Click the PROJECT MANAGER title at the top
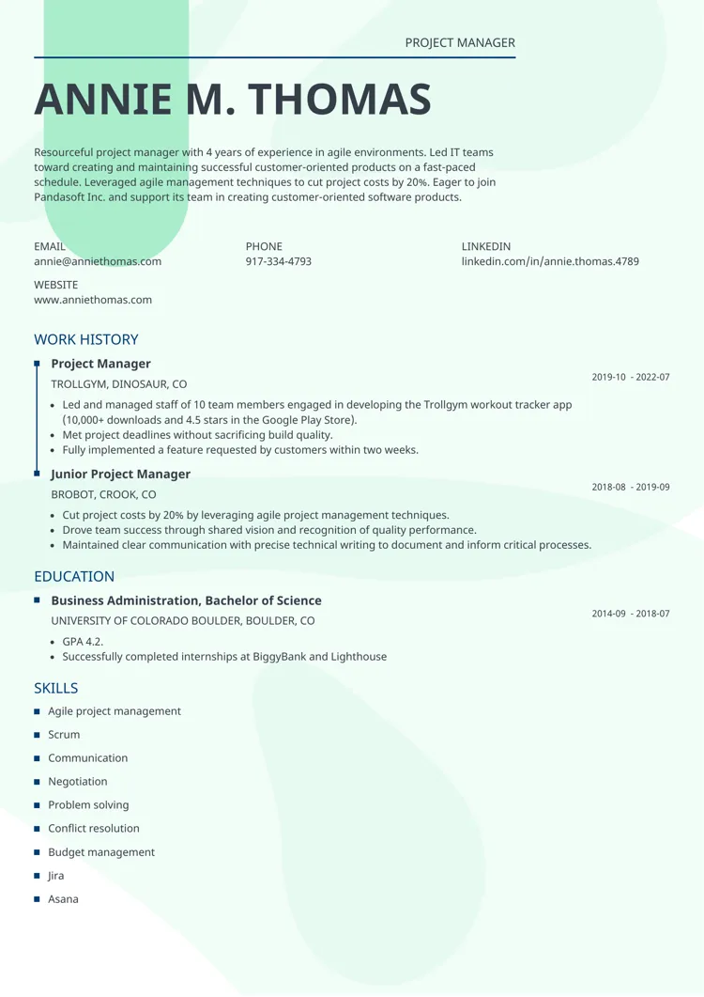click(460, 43)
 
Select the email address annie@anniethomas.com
click(98, 261)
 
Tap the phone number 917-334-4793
click(279, 261)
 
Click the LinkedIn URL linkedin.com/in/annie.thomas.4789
click(550, 261)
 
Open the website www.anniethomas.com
click(93, 300)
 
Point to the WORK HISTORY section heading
click(86, 339)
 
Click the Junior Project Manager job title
click(120, 475)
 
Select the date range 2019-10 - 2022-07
click(631, 377)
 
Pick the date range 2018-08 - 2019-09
click(631, 487)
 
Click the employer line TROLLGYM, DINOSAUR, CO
click(118, 384)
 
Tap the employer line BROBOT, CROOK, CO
click(103, 494)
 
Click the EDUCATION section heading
click(74, 576)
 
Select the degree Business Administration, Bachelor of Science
click(186, 600)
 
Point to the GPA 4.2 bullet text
click(83, 642)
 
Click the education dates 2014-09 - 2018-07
click(631, 614)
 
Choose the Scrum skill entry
click(64, 735)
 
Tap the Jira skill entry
click(56, 876)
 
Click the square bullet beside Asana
click(37, 899)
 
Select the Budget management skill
click(101, 852)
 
